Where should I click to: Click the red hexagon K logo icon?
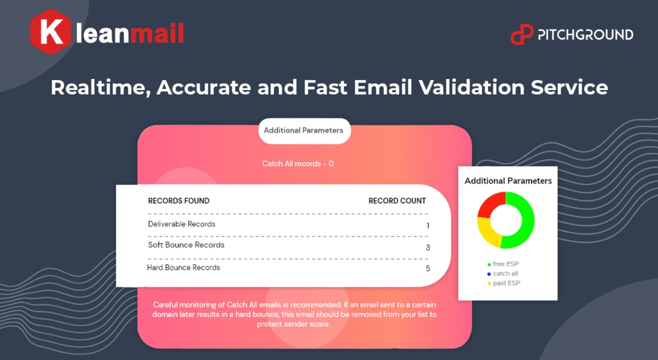[x=51, y=32]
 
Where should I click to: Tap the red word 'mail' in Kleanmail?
[x=157, y=33]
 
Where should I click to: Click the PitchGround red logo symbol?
[x=522, y=34]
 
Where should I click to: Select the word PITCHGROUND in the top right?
[x=585, y=35]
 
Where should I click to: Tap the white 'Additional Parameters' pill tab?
[x=304, y=131]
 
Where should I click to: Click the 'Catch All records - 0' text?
[x=298, y=164]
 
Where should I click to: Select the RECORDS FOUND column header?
[x=179, y=201]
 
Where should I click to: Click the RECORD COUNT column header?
[x=397, y=201]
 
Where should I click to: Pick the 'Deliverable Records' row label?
[x=182, y=224]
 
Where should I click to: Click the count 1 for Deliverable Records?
[x=428, y=226]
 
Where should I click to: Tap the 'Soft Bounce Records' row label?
[x=186, y=245]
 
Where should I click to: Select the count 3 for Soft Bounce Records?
[x=428, y=248]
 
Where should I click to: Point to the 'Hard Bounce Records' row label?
[x=183, y=267]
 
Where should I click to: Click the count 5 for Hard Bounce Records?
[x=428, y=268]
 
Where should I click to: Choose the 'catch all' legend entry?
[x=503, y=274]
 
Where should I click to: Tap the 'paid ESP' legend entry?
[x=504, y=283]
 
